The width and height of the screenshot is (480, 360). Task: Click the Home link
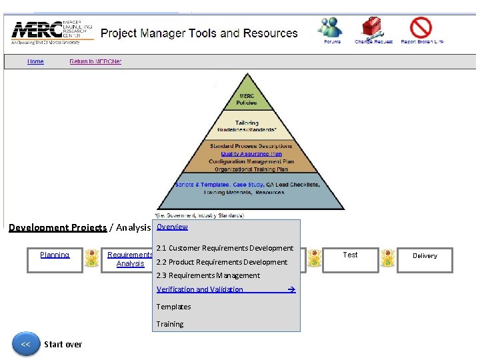point(35,62)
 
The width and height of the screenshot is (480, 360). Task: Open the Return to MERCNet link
point(95,62)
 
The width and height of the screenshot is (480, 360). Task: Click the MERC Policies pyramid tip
point(247,99)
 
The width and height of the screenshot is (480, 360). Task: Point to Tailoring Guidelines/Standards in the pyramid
point(247,127)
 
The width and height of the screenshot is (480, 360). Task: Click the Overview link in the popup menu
point(172,227)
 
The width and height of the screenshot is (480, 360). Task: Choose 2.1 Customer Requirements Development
point(225,248)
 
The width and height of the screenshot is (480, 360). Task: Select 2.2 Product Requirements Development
point(221,262)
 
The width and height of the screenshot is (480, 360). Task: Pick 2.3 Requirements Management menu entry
point(208,275)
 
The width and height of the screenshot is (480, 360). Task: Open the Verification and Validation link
point(200,289)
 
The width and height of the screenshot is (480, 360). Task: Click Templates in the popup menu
point(173,307)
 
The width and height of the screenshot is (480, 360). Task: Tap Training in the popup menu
point(170,324)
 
